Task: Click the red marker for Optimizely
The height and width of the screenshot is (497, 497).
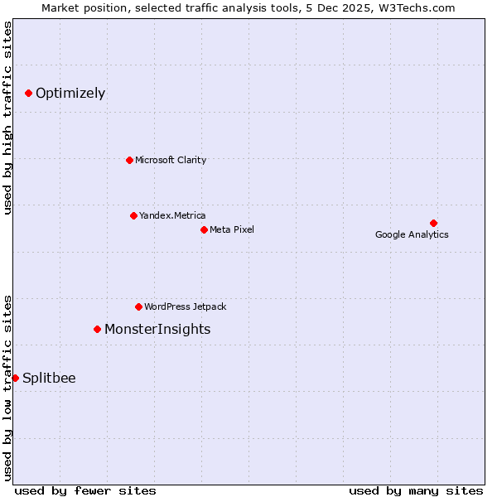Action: pyautogui.click(x=28, y=93)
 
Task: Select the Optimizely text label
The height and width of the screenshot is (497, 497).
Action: pyautogui.click(x=70, y=93)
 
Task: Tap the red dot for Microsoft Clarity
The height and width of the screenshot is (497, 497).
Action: pyautogui.click(x=129, y=160)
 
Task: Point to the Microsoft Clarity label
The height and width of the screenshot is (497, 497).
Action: pyautogui.click(x=171, y=160)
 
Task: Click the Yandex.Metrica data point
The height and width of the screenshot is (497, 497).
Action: pyautogui.click(x=133, y=215)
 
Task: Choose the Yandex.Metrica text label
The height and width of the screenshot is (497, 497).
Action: pyautogui.click(x=172, y=215)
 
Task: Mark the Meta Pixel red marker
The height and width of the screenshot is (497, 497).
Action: pyautogui.click(x=204, y=229)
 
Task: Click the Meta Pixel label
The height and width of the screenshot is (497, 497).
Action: pyautogui.click(x=232, y=229)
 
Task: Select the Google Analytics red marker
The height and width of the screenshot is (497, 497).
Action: pyautogui.click(x=433, y=223)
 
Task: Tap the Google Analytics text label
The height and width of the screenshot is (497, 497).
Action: pyautogui.click(x=412, y=234)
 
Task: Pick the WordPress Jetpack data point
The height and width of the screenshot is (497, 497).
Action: pyautogui.click(x=138, y=306)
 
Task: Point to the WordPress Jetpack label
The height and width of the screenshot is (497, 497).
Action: pyautogui.click(x=185, y=306)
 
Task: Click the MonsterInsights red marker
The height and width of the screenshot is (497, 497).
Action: pyautogui.click(x=97, y=329)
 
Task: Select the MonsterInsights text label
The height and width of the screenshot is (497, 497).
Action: pyautogui.click(x=157, y=329)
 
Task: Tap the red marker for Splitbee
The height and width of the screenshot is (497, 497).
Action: pyautogui.click(x=15, y=378)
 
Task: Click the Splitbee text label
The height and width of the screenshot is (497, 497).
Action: pyautogui.click(x=49, y=378)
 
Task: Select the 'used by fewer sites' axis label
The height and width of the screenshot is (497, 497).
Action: pyautogui.click(x=85, y=490)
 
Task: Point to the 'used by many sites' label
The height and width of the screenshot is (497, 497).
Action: pyautogui.click(x=416, y=490)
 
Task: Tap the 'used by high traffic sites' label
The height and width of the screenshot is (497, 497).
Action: pyautogui.click(x=7, y=118)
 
